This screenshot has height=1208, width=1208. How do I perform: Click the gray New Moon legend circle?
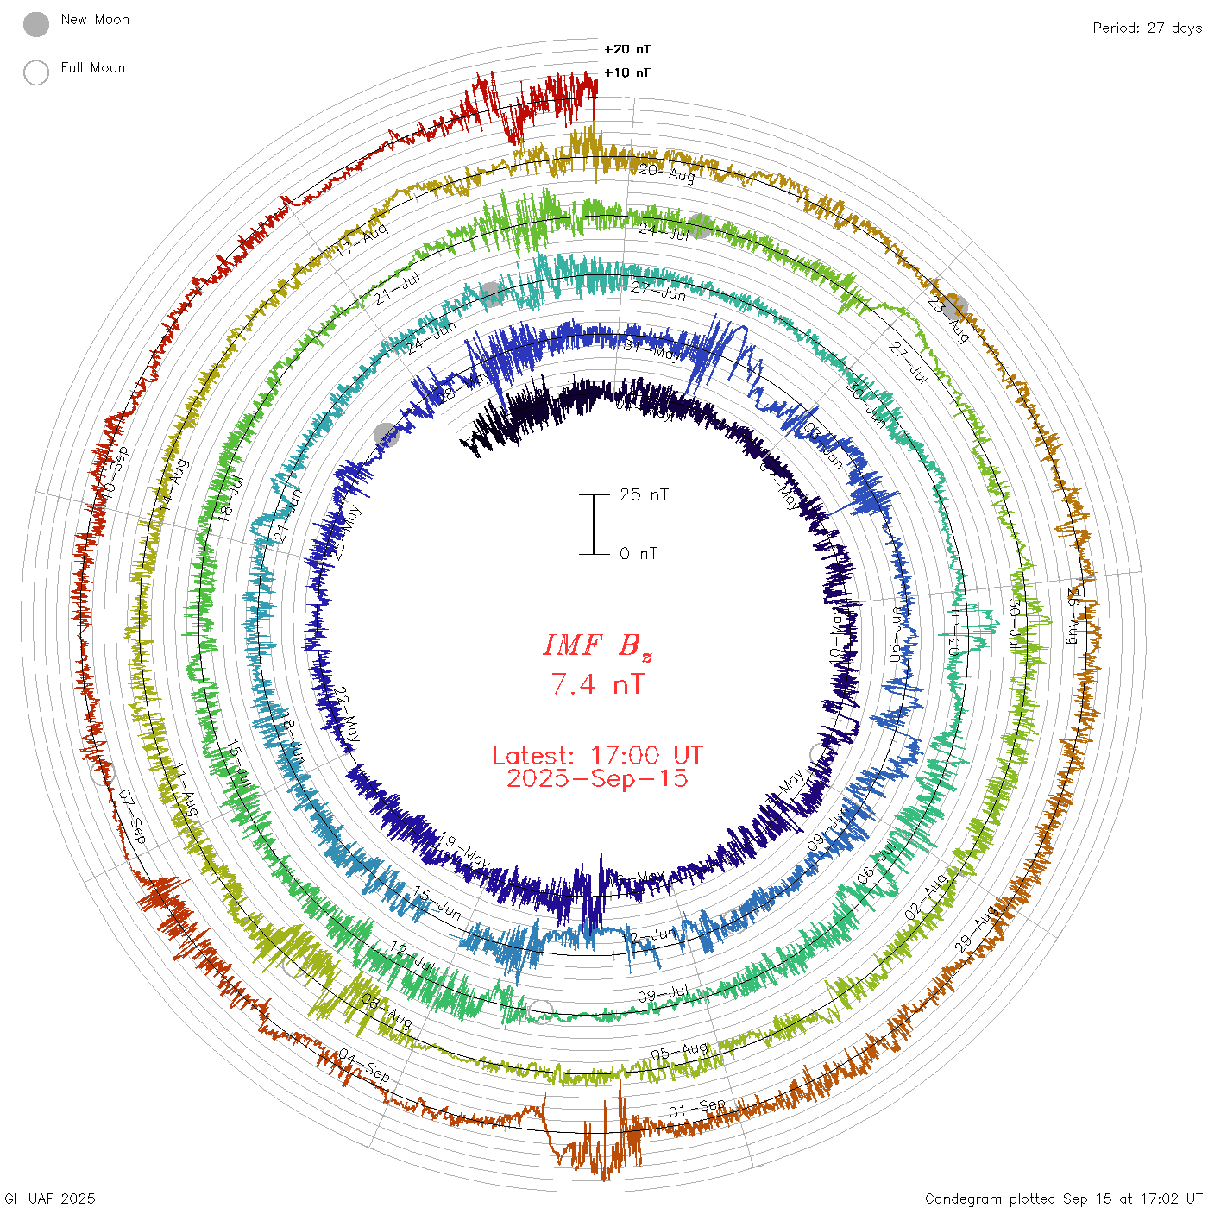36,25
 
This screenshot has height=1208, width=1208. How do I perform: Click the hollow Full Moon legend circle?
36,72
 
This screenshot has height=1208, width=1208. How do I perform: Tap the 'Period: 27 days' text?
1147,28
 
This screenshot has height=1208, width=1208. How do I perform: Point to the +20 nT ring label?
627,49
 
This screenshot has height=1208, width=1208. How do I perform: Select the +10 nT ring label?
627,72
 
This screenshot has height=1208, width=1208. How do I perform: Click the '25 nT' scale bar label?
644,494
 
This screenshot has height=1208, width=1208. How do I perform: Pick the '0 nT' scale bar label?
639,553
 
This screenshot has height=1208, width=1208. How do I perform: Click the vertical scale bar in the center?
594,524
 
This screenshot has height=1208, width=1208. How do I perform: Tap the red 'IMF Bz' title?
597,646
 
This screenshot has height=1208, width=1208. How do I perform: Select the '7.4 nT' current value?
597,684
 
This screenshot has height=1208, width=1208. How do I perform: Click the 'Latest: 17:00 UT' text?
597,756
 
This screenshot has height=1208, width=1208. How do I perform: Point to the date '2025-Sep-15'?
597,778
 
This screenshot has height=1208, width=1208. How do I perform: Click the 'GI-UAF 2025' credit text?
49,1199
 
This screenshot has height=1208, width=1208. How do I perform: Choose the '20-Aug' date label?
666,173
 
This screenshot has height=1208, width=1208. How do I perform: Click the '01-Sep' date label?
697,1107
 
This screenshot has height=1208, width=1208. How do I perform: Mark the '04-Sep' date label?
364,1066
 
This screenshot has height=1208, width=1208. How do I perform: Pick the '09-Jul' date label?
663,995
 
